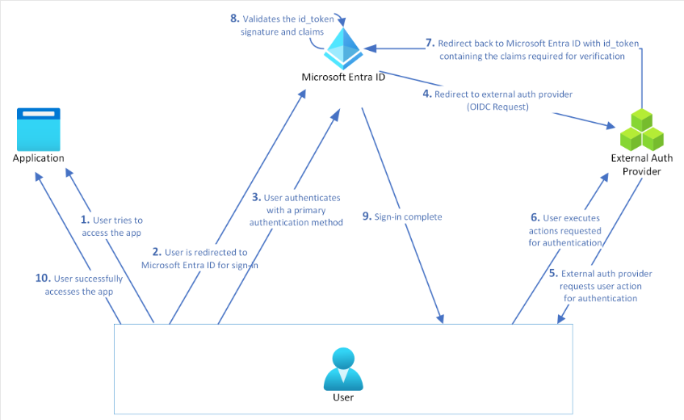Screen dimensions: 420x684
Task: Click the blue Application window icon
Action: pyautogui.click(x=38, y=127)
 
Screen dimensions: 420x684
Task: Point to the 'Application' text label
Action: pyautogui.click(x=38, y=157)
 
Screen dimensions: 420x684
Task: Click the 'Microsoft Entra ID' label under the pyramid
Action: pyautogui.click(x=343, y=78)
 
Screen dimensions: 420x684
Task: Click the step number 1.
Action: pyautogui.click(x=85, y=220)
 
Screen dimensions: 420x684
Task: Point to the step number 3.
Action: pyautogui.click(x=255, y=197)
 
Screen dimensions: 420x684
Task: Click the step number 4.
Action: pyautogui.click(x=427, y=94)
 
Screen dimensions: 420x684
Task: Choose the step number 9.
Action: pyautogui.click(x=367, y=216)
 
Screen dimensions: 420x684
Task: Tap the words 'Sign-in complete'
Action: pyautogui.click(x=409, y=216)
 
